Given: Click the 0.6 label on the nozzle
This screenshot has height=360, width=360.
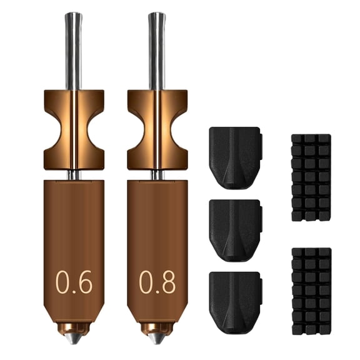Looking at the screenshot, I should [x=74, y=282].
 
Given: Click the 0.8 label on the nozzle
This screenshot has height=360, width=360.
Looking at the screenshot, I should [x=156, y=282].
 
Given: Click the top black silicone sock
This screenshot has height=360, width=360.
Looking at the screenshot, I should [x=234, y=157].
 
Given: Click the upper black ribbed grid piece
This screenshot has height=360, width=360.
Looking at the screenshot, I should [x=311, y=177].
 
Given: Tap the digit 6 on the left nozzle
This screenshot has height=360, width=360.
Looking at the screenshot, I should [x=84, y=282].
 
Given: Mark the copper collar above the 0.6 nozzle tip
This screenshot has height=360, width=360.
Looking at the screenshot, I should [x=74, y=327].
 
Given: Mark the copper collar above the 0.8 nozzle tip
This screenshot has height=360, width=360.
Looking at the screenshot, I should [x=156, y=327].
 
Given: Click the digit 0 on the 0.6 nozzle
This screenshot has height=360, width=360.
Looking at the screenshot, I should [x=62, y=282].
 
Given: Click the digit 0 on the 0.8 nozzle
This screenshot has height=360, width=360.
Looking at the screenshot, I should [x=145, y=282].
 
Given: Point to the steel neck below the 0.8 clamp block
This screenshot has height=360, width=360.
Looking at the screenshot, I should [x=156, y=175].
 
